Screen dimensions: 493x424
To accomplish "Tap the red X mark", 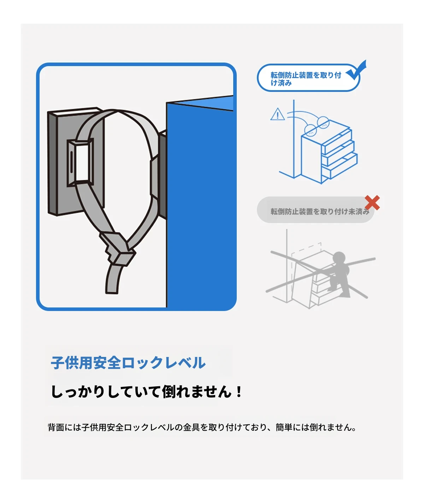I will coord(372,203).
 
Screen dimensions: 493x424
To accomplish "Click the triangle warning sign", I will coord(278,115).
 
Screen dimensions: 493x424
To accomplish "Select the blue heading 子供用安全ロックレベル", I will coord(128,363).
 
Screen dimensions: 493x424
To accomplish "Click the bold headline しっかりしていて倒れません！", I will coord(147,392).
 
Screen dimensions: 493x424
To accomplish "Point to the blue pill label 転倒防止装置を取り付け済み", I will coord(306,79).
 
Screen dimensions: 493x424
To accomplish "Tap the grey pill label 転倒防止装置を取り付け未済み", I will coord(316,211).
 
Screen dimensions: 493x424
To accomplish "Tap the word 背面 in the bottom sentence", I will coord(56,428).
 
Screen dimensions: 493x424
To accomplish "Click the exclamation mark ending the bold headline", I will coord(239,392).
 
